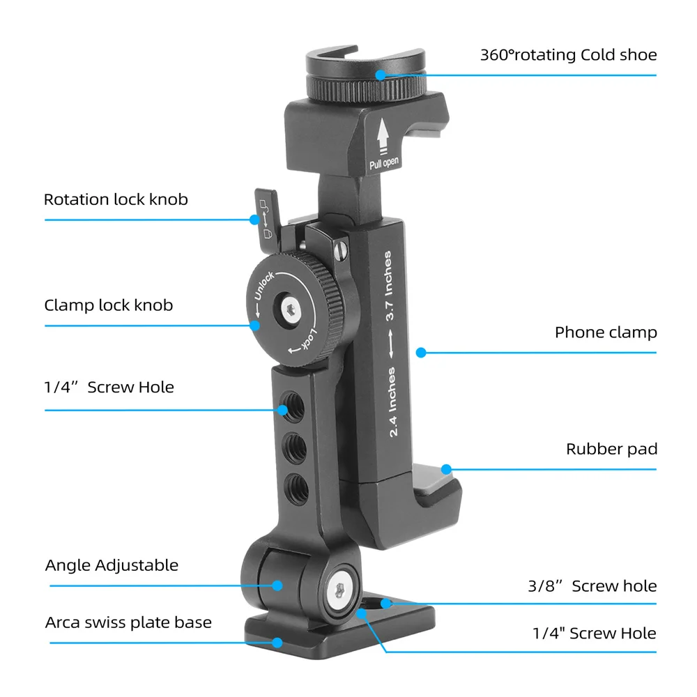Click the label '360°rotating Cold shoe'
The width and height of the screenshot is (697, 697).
(568, 54)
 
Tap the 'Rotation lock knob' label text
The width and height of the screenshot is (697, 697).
(116, 200)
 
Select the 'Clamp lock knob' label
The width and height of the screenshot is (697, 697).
(108, 305)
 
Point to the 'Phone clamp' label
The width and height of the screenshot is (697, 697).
(606, 332)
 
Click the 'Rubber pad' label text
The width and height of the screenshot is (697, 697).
(611, 450)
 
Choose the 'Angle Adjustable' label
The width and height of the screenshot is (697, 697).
(112, 565)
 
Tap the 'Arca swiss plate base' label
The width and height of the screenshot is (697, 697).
(128, 622)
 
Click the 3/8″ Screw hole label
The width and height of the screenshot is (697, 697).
(592, 586)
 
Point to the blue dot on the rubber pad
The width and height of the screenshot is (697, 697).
(446, 470)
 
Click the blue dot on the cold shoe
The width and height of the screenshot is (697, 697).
(381, 75)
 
